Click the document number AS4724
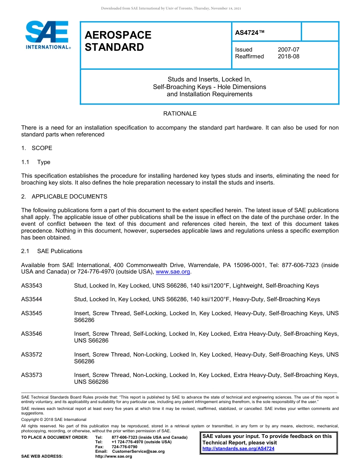250,33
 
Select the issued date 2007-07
288,50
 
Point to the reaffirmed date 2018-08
288,56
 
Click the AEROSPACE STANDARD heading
118,41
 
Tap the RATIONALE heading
180,114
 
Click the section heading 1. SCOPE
37,148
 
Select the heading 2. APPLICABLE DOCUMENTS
64,197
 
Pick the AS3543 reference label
32,286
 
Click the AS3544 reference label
32,299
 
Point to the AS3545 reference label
32,313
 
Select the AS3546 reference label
32,334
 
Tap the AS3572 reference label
32,355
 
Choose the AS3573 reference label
32,375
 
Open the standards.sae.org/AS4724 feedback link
238,449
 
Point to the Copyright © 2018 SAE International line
54,419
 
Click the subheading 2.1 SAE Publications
52,251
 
